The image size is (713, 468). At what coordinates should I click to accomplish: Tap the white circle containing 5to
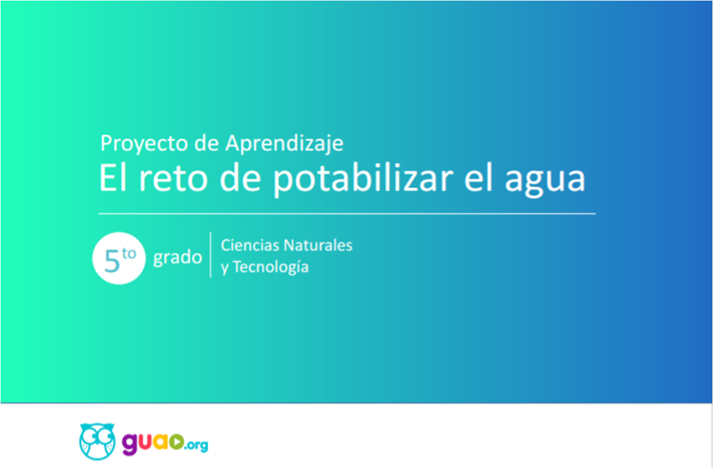click(x=119, y=258)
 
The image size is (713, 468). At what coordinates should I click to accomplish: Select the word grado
click(x=178, y=258)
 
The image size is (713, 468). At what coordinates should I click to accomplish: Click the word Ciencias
click(x=250, y=246)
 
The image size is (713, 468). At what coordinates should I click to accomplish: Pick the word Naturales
click(x=318, y=246)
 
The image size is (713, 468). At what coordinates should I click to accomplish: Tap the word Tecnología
click(x=270, y=268)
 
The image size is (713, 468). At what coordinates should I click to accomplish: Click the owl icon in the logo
click(x=97, y=441)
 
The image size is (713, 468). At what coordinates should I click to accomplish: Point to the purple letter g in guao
click(x=131, y=444)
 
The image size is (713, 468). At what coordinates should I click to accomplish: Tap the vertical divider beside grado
click(x=210, y=255)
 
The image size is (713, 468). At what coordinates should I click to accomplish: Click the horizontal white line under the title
click(x=347, y=213)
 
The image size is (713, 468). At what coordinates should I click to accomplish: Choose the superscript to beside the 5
click(x=129, y=253)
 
